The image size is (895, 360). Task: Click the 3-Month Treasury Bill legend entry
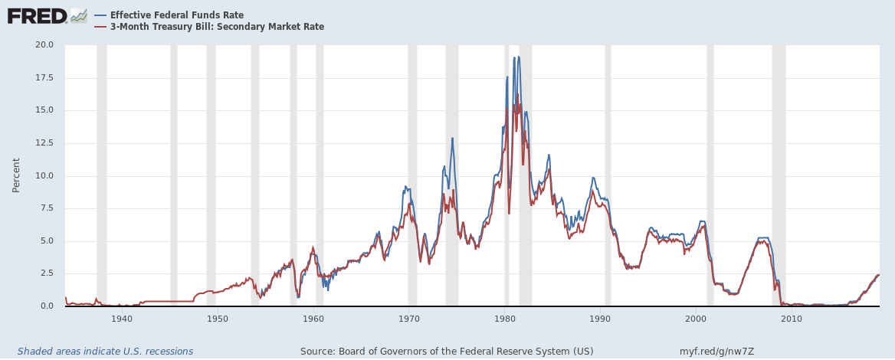(217, 27)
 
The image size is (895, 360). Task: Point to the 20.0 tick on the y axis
(44, 44)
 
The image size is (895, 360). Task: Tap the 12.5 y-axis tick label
(44, 142)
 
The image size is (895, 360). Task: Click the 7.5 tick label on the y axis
(47, 208)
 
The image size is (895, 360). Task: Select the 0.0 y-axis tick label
(47, 306)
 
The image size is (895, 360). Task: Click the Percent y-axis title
(16, 175)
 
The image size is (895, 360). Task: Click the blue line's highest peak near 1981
(518, 57)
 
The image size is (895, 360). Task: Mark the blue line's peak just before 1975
(452, 139)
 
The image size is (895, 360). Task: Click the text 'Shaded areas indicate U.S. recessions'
(105, 352)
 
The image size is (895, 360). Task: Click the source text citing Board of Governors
(447, 352)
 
